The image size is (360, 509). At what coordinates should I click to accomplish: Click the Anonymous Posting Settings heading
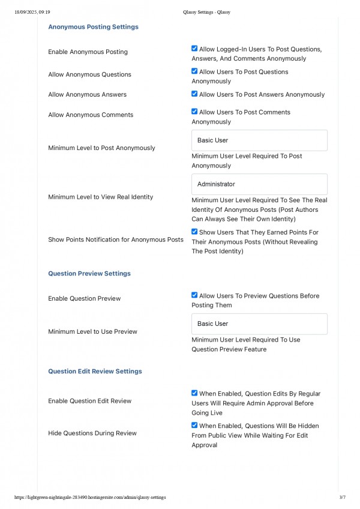(93, 27)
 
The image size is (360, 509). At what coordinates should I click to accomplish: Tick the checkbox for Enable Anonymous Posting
(194, 49)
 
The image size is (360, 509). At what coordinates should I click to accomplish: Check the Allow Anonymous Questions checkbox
(194, 71)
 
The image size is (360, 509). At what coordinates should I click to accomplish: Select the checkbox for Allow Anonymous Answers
(194, 94)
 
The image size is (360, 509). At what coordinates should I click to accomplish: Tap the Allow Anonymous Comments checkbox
(194, 111)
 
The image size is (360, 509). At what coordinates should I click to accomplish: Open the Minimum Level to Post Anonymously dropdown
(259, 140)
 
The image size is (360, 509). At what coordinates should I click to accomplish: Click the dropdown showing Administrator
(259, 184)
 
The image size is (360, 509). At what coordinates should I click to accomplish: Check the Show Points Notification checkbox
(194, 231)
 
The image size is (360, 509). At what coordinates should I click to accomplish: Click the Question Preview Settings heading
(89, 274)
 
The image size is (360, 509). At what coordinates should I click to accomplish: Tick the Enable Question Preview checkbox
(194, 295)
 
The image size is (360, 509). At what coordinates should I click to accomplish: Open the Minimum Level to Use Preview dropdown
(259, 324)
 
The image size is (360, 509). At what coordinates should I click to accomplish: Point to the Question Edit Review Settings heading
(95, 372)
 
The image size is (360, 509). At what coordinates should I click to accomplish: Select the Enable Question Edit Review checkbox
(194, 393)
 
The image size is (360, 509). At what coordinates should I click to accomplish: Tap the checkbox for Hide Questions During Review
(194, 426)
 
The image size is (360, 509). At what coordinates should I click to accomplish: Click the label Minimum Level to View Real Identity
(100, 197)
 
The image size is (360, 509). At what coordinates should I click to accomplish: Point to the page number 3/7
(342, 498)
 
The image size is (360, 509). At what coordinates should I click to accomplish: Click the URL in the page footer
(90, 498)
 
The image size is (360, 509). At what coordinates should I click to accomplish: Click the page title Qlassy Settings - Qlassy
(206, 11)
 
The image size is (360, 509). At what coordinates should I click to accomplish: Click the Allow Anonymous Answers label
(87, 95)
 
